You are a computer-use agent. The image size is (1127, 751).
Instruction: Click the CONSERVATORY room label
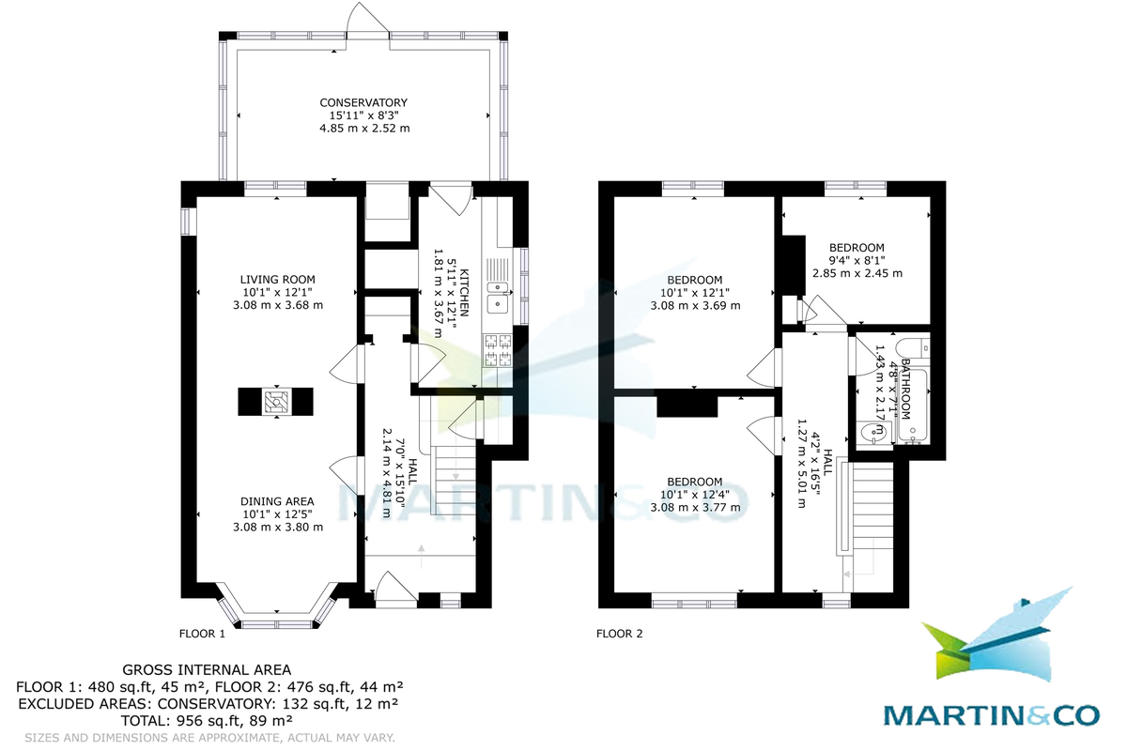pos(363,102)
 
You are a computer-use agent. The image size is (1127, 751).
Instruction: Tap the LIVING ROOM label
pos(277,279)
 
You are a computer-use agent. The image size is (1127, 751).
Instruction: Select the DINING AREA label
pos(277,500)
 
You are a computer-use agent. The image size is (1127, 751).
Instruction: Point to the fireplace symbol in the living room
pos(275,402)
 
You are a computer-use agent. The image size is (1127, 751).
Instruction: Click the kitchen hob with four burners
pos(496,351)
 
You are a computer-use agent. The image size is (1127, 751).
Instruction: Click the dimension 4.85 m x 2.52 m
pos(364,128)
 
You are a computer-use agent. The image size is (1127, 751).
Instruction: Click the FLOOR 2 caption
pos(620,634)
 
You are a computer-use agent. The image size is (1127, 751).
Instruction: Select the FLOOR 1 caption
pos(202,634)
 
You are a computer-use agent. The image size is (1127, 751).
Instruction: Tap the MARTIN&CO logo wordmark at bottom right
pos(991,714)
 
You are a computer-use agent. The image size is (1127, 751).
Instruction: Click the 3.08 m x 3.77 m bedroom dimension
pos(695,508)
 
